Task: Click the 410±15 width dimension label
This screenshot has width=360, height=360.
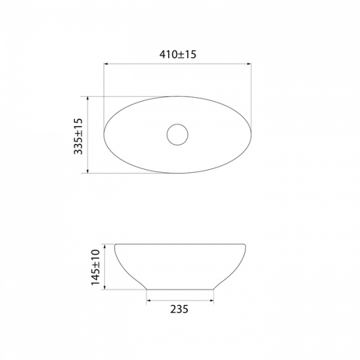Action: click(178, 55)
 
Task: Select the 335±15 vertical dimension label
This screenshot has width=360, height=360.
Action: click(78, 136)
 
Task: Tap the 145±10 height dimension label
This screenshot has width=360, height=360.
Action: click(95, 267)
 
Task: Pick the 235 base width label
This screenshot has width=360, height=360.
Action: click(179, 309)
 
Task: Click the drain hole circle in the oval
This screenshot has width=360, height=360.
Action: click(178, 124)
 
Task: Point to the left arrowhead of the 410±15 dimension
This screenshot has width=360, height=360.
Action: click(106, 64)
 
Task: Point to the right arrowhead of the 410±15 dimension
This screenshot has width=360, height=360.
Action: click(249, 64)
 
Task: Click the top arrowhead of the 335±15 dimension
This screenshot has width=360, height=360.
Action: click(88, 98)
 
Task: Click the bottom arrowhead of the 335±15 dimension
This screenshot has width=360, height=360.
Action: click(88, 171)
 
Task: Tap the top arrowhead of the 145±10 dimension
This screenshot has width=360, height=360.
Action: click(104, 247)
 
